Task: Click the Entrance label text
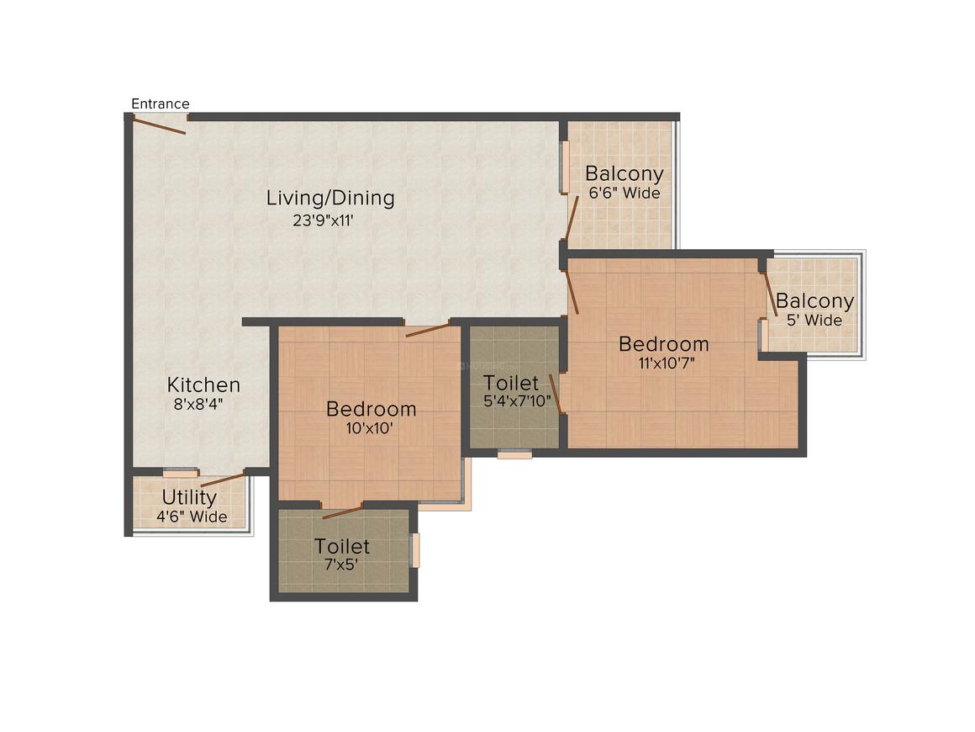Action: [x=160, y=103]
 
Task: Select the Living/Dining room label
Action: [x=330, y=199]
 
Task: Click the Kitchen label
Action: [x=203, y=385]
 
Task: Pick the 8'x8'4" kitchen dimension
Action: [x=198, y=404]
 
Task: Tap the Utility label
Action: [x=189, y=496]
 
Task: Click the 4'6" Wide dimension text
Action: [x=192, y=517]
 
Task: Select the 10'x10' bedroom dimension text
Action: [x=371, y=428]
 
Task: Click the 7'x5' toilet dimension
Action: [x=341, y=565]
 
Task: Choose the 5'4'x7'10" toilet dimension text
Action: [x=518, y=401]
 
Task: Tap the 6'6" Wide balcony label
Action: [x=624, y=194]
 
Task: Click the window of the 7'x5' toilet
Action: [x=414, y=550]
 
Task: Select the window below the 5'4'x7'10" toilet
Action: [x=514, y=454]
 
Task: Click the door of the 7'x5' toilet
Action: [x=342, y=512]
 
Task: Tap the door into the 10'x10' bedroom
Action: [x=427, y=330]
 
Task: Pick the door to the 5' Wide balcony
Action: [x=769, y=294]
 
